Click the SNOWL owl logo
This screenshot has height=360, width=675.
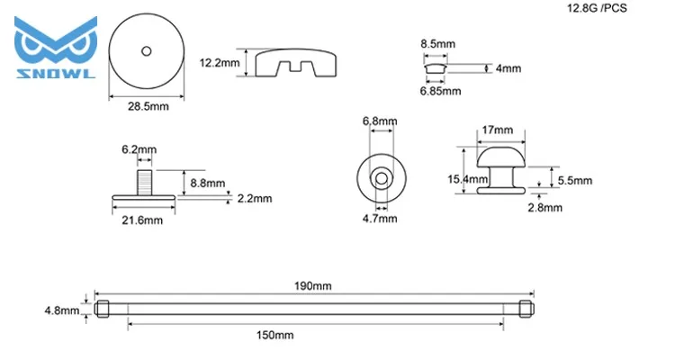point(56,48)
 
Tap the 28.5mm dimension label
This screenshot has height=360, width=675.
point(148,106)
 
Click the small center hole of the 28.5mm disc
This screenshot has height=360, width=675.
point(147,51)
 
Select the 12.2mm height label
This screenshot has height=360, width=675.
point(219,63)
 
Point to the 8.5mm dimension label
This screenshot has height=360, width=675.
point(437,44)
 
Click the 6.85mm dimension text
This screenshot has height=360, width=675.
point(440,91)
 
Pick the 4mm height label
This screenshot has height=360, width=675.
point(508,68)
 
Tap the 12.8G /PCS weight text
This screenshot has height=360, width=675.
point(597,8)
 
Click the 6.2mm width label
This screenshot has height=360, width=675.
point(139,149)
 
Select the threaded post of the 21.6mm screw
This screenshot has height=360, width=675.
point(145,183)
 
